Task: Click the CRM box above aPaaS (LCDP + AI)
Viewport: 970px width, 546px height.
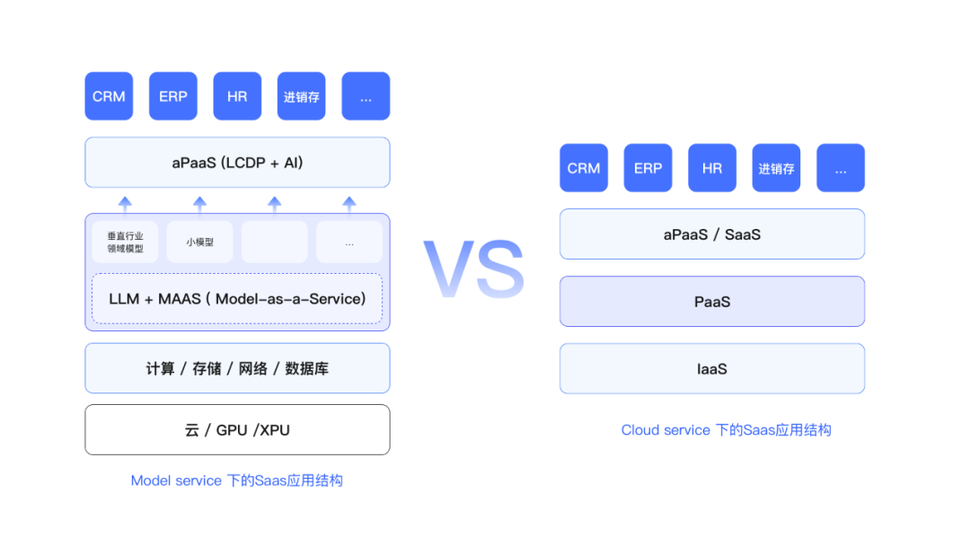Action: pos(109,96)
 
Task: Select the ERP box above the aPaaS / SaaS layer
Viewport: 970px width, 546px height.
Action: pos(648,168)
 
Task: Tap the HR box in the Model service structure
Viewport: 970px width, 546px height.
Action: pos(237,96)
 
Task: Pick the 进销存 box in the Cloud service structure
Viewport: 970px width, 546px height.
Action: pos(776,168)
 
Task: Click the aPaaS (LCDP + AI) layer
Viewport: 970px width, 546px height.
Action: pos(237,163)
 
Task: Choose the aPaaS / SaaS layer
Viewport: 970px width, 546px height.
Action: pos(712,234)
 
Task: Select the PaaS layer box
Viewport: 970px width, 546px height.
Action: pos(712,301)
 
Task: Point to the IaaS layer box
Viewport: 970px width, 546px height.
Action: pos(712,368)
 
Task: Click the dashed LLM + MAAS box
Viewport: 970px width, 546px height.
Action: pos(237,299)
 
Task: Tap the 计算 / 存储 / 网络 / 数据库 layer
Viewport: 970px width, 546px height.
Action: pos(237,368)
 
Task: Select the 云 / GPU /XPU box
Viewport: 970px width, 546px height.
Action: pos(237,430)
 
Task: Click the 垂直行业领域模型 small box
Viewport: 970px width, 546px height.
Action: pos(125,242)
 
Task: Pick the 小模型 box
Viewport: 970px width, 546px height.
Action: pos(199,242)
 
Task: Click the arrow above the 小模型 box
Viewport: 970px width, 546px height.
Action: pos(199,206)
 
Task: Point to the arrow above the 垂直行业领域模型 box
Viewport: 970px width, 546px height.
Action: pos(125,206)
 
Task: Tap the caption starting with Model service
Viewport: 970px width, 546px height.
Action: pos(237,480)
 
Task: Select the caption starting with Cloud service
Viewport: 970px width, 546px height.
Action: pos(727,430)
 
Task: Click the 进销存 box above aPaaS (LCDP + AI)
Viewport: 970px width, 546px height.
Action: pos(301,96)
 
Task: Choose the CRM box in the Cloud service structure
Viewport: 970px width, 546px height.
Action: pos(584,168)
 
